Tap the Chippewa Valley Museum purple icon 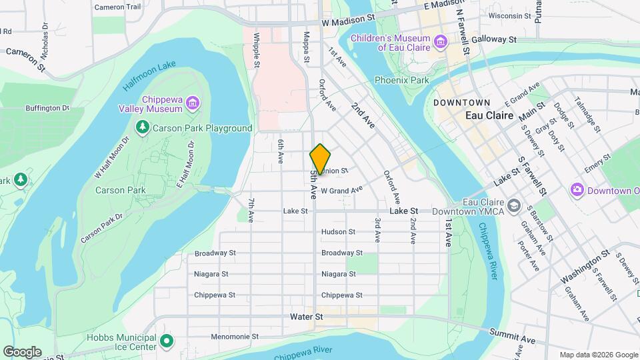pyautogui.click(x=192, y=103)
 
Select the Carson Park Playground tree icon pyautogui.click(x=141, y=127)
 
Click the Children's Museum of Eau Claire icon pyautogui.click(x=440, y=43)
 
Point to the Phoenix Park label pyautogui.click(x=401, y=80)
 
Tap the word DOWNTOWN pyautogui.click(x=461, y=103)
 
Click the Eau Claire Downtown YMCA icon pyautogui.click(x=513, y=205)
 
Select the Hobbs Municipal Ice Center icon pyautogui.click(x=167, y=342)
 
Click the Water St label pyautogui.click(x=306, y=317)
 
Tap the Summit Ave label pyautogui.click(x=512, y=335)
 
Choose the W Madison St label pyautogui.click(x=348, y=22)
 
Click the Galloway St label pyautogui.click(x=494, y=39)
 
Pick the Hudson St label pyautogui.click(x=338, y=232)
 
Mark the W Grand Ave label pyautogui.click(x=341, y=190)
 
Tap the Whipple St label pyautogui.click(x=256, y=48)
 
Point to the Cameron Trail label pyautogui.click(x=117, y=7)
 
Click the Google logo pyautogui.click(x=22, y=351)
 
